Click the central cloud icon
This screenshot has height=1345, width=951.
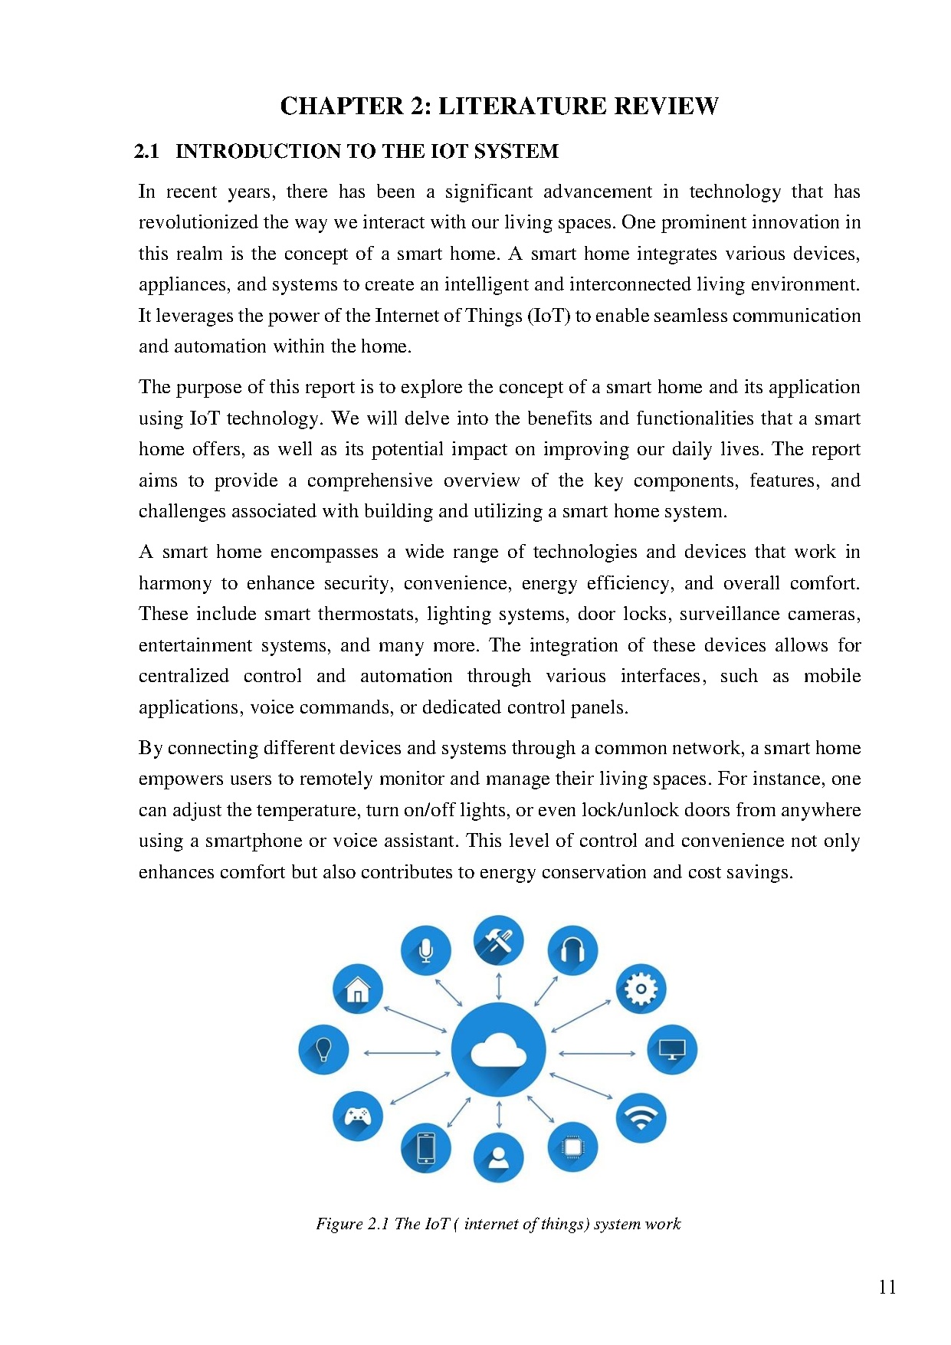coord(498,1049)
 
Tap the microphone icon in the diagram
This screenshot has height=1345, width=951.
coord(425,950)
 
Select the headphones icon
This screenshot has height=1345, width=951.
coord(572,950)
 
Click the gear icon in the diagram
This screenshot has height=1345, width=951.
coord(641,989)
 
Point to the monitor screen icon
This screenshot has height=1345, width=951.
coord(672,1049)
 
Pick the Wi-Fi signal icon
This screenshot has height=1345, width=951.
coord(641,1117)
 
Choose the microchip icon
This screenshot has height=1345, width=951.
coord(572,1147)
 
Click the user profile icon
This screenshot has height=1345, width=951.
coord(498,1156)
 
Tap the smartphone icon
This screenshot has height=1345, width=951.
coord(425,1147)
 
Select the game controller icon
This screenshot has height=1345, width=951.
coord(357,1116)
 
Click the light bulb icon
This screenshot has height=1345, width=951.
coord(323,1049)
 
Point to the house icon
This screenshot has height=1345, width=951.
coord(357,989)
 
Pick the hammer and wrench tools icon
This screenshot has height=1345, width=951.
coord(498,940)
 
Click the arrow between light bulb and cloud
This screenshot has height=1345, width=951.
coord(402,1053)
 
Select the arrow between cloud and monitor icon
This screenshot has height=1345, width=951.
coord(597,1053)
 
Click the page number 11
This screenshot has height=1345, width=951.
coord(887,1287)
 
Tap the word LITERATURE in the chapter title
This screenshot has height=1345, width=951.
coord(523,106)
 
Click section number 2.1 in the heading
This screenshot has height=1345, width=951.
coord(146,151)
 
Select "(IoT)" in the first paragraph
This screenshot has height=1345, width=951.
coord(549,316)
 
